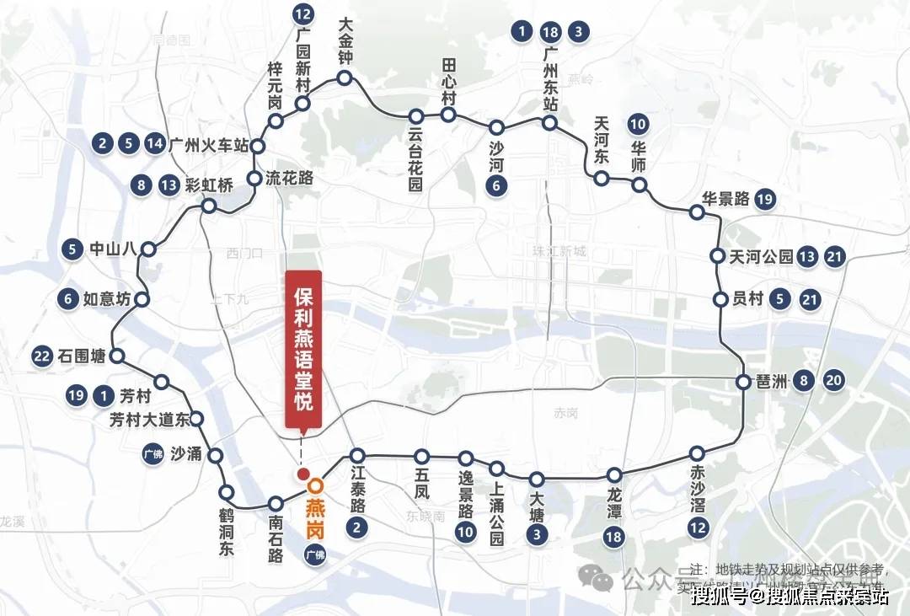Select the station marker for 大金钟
coord(344,78)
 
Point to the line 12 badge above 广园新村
coord(303,13)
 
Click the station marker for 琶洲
coord(743,382)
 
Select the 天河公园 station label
coord(762,256)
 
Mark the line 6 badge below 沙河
coord(497,187)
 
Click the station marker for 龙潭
coord(615,475)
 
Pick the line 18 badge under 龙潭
coord(615,537)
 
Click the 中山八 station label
coord(110,249)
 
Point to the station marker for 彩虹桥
coord(209,206)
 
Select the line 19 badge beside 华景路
coord(764,199)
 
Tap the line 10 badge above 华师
coord(638,125)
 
